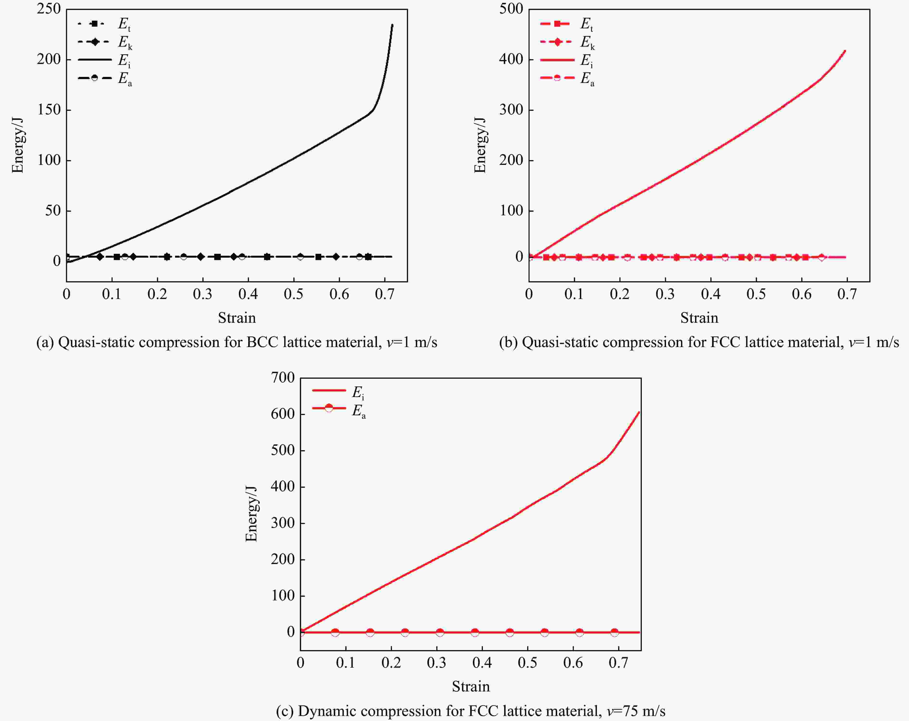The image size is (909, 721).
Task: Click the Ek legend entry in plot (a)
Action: [x=105, y=42]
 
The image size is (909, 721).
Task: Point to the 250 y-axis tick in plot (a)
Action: [x=49, y=9]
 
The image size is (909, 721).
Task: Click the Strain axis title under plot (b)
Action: [x=699, y=318]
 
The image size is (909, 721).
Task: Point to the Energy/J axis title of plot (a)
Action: [x=17, y=145]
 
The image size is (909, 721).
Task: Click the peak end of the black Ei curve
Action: [x=392, y=25]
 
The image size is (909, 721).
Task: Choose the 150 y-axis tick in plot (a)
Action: [x=49, y=110]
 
